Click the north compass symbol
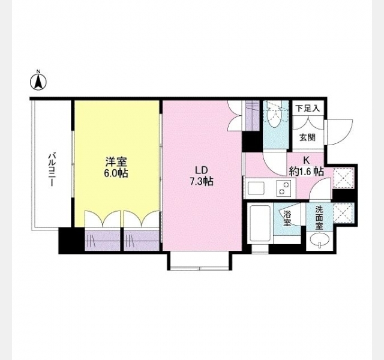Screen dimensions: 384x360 coord(38,80)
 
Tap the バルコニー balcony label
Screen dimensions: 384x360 coord(52,170)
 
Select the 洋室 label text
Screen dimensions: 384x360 coord(116,162)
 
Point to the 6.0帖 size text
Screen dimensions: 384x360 coord(116,173)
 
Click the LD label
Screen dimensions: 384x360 coord(201,170)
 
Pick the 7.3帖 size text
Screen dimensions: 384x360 coord(201,181)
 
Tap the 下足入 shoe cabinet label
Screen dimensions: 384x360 coord(308,108)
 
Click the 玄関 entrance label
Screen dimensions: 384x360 coord(307,137)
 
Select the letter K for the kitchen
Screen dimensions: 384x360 coord(306,160)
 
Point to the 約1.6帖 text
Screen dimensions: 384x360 coord(306,171)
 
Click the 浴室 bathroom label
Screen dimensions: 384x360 coord(287,218)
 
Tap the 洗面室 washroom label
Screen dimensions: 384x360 coord(319,218)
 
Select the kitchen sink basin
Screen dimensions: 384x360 coord(256,188)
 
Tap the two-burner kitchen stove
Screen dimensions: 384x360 coord(284,188)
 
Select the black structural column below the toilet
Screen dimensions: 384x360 coord(252,142)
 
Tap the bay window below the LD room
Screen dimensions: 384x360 coord(200,262)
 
